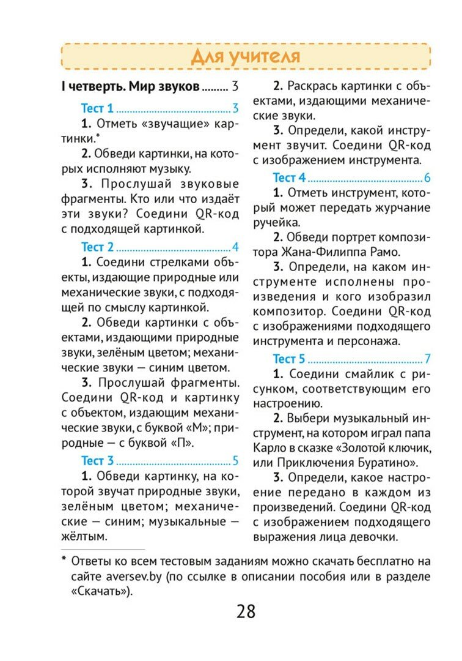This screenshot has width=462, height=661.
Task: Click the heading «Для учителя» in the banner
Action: [x=246, y=57]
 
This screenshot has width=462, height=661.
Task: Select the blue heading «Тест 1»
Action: [x=97, y=108]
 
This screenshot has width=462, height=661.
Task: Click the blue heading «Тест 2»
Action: [x=97, y=247]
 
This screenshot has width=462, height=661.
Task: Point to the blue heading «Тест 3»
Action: [x=97, y=460]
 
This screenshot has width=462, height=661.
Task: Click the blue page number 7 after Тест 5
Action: [x=428, y=359]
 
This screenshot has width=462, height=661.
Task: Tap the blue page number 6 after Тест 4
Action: [x=427, y=177]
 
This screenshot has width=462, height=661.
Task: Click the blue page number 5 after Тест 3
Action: [x=235, y=460]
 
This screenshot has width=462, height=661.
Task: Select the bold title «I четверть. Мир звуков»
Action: [x=130, y=87]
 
